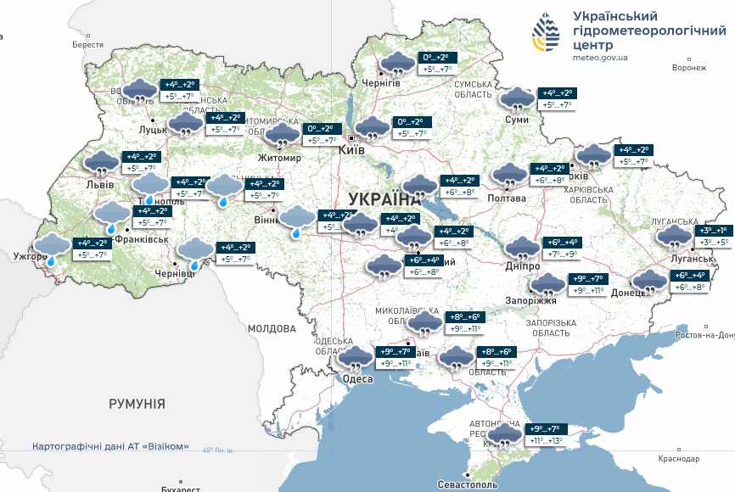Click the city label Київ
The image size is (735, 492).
click(x=351, y=149)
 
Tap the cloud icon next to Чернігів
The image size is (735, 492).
click(x=396, y=64)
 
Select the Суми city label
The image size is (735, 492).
click(x=517, y=120)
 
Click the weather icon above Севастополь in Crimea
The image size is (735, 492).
click(x=505, y=435)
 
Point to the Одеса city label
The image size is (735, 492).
click(x=357, y=378)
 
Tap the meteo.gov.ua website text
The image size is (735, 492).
click(x=601, y=58)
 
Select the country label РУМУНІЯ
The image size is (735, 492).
click(x=137, y=404)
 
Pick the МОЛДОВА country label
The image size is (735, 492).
click(x=272, y=328)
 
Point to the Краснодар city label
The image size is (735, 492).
click(x=678, y=458)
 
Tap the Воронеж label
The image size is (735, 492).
click(x=687, y=68)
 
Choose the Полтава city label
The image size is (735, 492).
click(x=506, y=198)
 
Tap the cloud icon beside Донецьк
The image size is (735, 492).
click(x=650, y=281)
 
